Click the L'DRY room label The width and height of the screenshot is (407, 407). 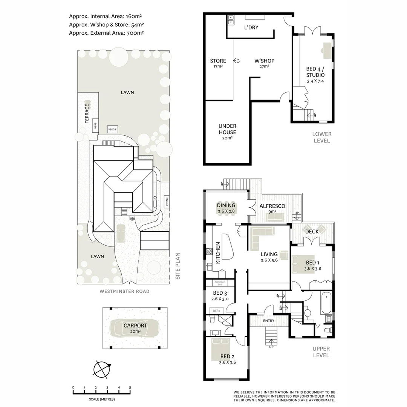(251, 28)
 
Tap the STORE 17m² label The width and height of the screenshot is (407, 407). (218, 63)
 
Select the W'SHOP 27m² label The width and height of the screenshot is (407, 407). (264, 63)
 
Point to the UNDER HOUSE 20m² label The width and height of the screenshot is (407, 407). (227, 132)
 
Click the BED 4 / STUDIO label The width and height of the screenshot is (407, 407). (315, 75)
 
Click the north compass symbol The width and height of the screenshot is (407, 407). (101, 369)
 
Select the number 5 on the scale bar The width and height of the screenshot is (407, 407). (130, 387)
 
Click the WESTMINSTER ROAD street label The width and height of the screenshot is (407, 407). (124, 291)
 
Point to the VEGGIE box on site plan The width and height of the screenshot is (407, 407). (112, 129)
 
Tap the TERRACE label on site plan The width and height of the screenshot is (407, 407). (87, 114)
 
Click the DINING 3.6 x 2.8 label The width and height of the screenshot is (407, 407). (226, 208)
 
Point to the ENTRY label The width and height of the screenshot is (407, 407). (269, 321)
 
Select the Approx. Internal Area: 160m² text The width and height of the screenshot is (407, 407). (105, 16)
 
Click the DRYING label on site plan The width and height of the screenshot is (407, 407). (166, 203)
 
